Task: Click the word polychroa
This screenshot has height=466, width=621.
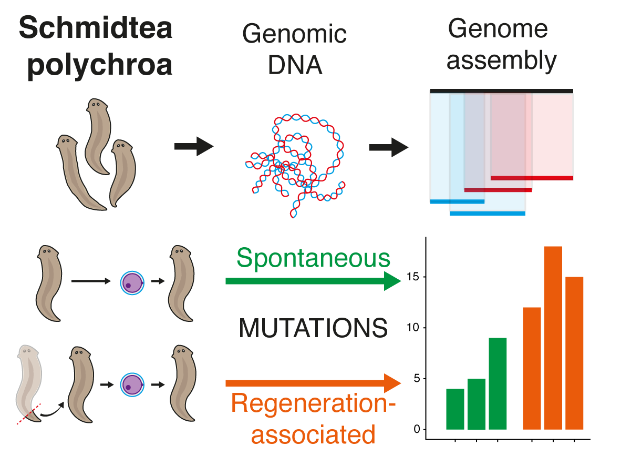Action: [x=99, y=66]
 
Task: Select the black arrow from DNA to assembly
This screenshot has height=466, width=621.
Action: [x=388, y=147]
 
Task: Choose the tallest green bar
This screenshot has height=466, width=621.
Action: [x=498, y=383]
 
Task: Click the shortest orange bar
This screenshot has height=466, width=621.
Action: [x=532, y=368]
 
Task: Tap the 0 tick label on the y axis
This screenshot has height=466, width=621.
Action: [x=417, y=429]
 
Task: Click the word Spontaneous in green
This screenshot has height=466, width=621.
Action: [x=313, y=258]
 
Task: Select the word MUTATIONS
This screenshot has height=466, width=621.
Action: [x=313, y=329]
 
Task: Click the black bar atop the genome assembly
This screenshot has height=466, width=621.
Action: [x=501, y=91]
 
